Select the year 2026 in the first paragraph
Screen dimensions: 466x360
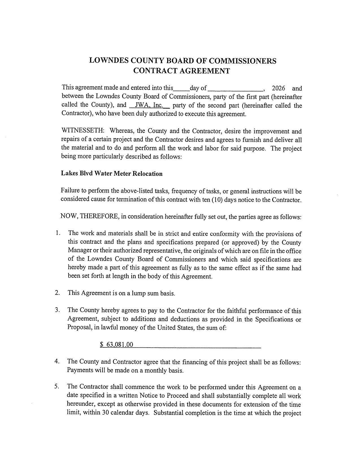coord(278,88)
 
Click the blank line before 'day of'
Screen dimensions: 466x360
coord(181,88)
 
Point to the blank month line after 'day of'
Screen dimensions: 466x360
coord(235,88)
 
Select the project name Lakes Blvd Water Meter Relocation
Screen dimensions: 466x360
coord(112,173)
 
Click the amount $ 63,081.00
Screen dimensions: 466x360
coord(117,345)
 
